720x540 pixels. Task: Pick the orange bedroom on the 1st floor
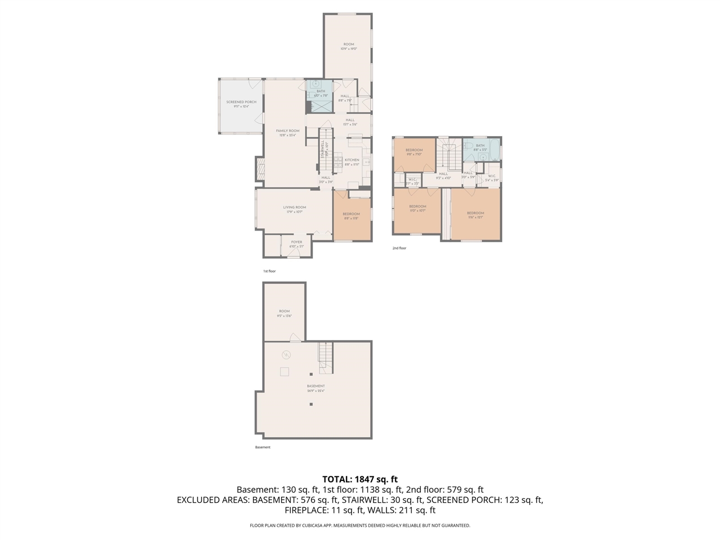click(x=352, y=216)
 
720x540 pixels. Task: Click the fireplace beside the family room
click(x=259, y=169)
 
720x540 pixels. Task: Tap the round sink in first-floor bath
click(x=316, y=84)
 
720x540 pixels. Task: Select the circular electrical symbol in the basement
click(x=286, y=354)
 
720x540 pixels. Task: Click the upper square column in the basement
click(x=310, y=374)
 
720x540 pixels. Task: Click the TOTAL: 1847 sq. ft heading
click(x=359, y=479)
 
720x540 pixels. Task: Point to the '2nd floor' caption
click(x=399, y=248)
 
